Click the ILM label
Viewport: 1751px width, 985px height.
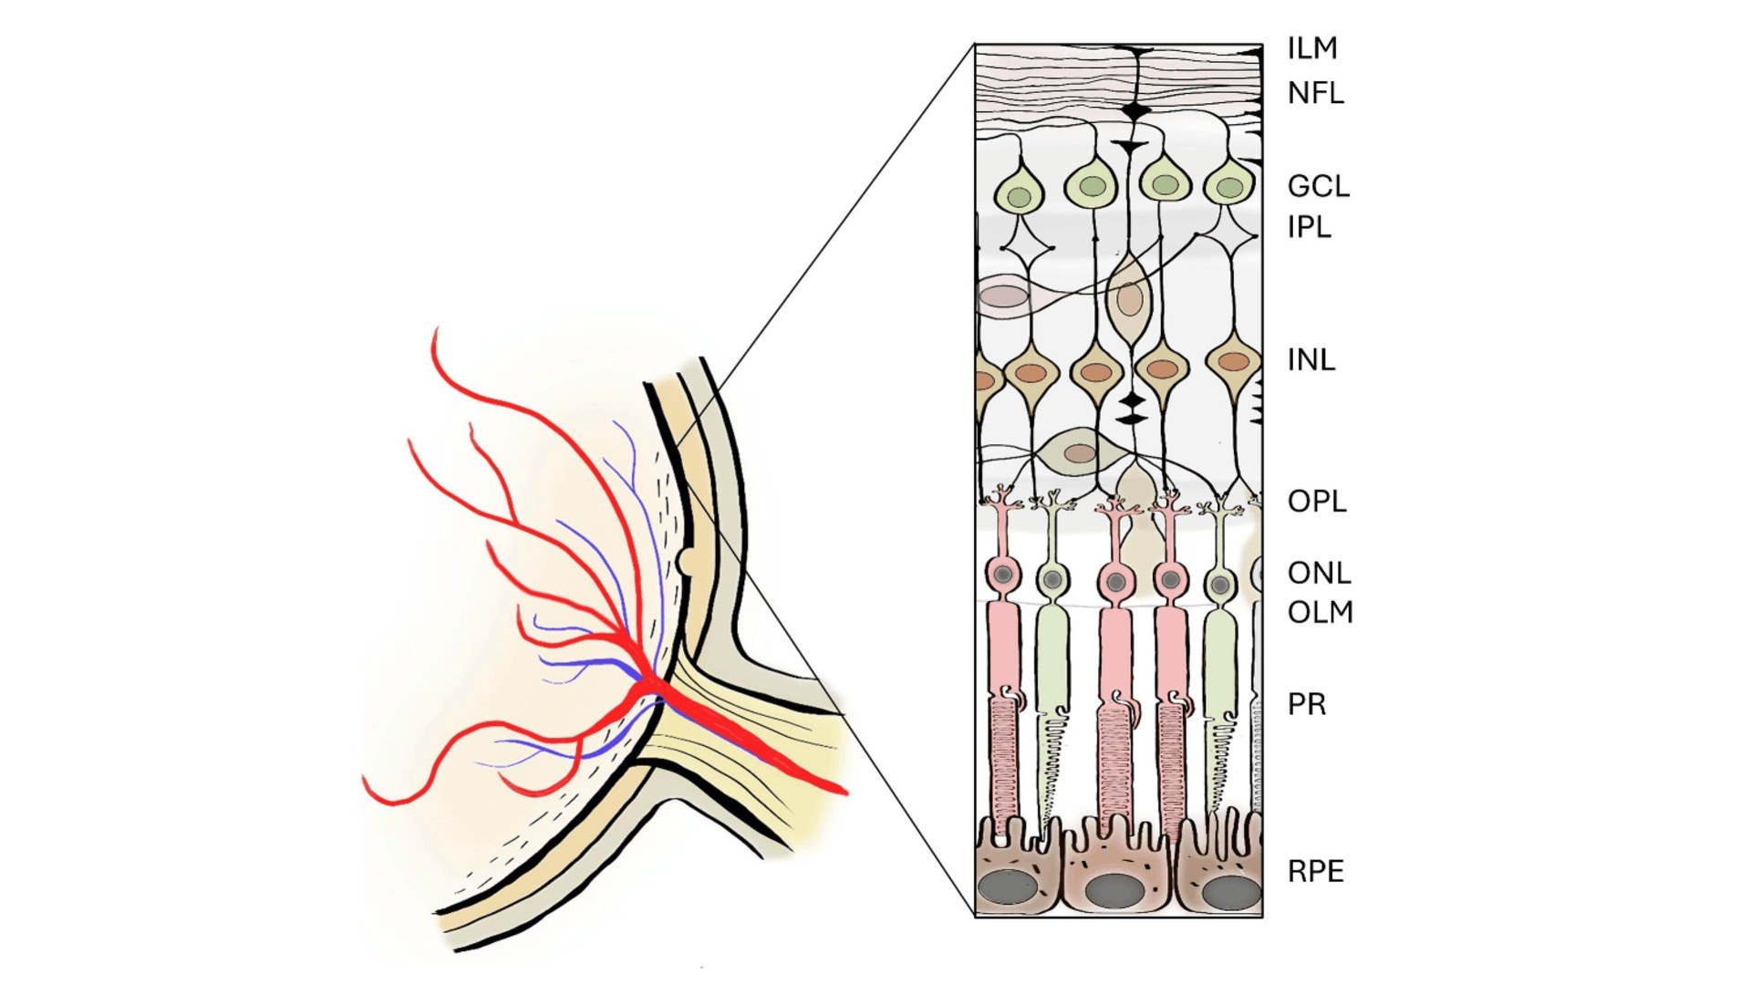[1312, 48]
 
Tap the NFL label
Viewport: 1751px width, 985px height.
[1315, 93]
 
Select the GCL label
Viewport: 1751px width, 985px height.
[1318, 186]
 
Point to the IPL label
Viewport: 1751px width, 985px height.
[1310, 226]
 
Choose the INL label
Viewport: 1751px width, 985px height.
[1311, 360]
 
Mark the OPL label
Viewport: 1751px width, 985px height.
[1317, 501]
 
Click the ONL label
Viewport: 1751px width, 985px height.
[1319, 573]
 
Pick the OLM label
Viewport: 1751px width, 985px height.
[1320, 612]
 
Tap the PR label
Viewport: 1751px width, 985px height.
[1307, 704]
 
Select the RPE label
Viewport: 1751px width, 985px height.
[1316, 871]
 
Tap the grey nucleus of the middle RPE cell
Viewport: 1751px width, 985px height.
[1114, 890]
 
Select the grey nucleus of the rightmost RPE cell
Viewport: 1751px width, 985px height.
[1231, 892]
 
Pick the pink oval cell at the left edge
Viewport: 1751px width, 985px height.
[1004, 296]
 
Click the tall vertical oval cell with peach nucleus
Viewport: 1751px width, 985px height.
[1129, 299]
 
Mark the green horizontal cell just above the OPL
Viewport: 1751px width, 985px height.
[1079, 451]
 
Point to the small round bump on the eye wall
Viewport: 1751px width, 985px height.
[684, 561]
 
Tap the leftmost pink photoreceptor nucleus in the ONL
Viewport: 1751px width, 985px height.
[1004, 575]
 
